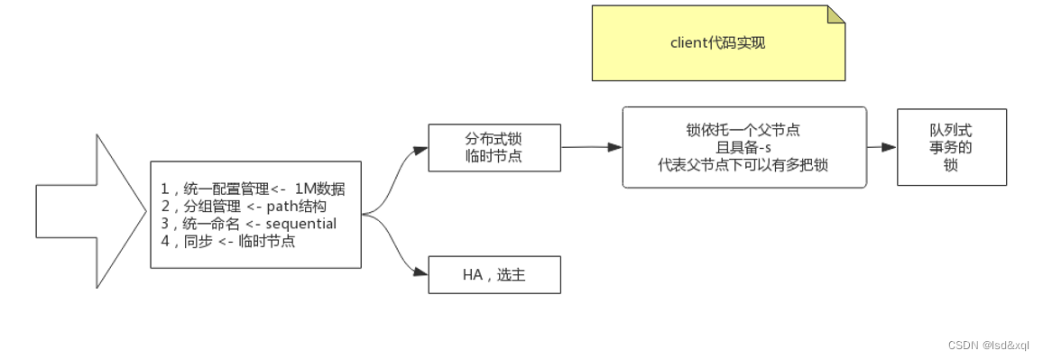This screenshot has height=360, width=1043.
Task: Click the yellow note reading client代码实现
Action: [718, 43]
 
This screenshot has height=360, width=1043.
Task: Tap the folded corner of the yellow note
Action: [836, 14]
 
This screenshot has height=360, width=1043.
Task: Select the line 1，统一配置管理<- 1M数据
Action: [254, 189]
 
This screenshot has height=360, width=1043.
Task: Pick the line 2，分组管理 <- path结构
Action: [243, 206]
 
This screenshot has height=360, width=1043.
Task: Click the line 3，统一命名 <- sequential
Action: [248, 224]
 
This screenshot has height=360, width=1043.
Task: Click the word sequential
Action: [301, 224]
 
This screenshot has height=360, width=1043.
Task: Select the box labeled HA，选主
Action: [494, 275]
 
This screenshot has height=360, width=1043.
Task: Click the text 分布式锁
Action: [494, 139]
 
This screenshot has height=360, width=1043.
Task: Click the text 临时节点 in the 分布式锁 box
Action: [494, 157]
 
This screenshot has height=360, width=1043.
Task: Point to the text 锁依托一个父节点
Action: [743, 130]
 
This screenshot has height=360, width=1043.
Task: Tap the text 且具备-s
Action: [743, 147]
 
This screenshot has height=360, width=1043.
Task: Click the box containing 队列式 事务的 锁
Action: [951, 147]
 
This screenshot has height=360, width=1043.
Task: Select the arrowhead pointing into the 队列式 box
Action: [891, 146]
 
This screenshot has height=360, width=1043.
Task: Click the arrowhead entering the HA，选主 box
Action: [421, 272]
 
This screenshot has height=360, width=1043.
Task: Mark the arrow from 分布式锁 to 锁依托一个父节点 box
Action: [591, 147]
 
